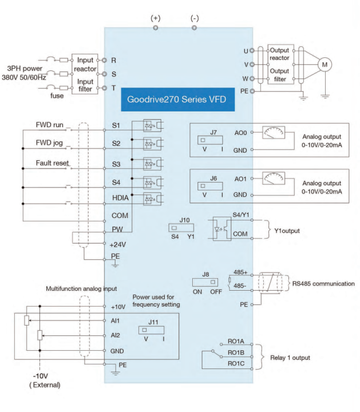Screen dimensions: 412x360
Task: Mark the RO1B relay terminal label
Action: [236, 353]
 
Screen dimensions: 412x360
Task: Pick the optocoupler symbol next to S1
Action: [148, 125]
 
